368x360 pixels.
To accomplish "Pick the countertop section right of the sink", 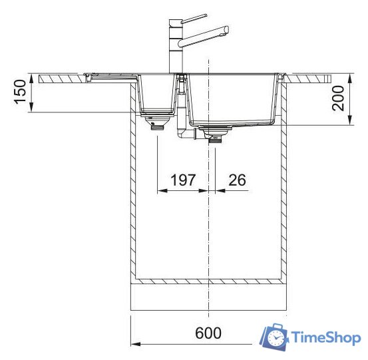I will [x=309, y=78].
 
